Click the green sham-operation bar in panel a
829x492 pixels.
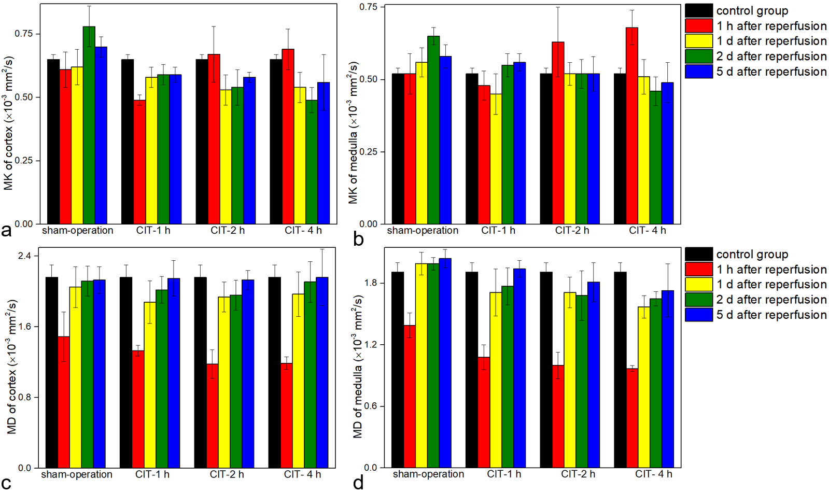[89, 125]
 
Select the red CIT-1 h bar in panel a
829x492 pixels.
[139, 162]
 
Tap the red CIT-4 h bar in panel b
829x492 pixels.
[632, 125]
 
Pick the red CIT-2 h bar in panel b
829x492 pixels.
[558, 133]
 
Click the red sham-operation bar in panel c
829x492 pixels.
[64, 402]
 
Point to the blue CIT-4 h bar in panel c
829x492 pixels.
[322, 372]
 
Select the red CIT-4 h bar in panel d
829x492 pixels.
[632, 418]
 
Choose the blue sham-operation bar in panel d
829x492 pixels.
[445, 363]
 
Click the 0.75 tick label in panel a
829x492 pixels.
[24, 34]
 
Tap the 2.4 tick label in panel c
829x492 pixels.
[25, 256]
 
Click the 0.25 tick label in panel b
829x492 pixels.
[369, 152]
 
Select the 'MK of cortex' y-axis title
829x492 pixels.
[9, 123]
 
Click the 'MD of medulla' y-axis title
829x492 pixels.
[358, 367]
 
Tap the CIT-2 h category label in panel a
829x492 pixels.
[228, 231]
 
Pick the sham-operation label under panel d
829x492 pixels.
[428, 474]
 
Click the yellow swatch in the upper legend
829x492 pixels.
[698, 41]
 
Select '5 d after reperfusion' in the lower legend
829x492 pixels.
[771, 315]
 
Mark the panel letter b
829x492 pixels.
[358, 239]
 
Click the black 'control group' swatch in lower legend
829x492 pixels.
[698, 254]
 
